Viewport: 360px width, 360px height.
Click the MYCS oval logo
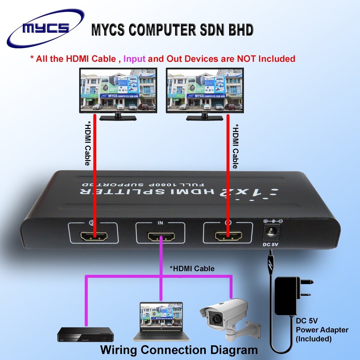(x=46, y=28)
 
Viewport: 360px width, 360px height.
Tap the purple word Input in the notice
(x=134, y=59)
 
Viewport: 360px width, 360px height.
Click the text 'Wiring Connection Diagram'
(x=179, y=350)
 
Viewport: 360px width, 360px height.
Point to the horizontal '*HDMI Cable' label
(x=192, y=269)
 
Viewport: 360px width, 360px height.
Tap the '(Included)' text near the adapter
(x=314, y=339)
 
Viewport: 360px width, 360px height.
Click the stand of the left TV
(x=118, y=117)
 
